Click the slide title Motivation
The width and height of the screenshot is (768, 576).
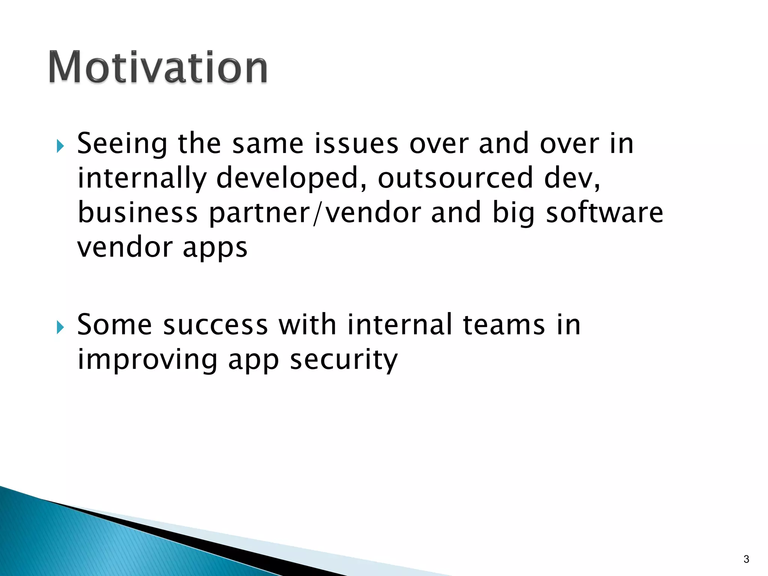(x=158, y=67)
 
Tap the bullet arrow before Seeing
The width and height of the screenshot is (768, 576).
(x=60, y=146)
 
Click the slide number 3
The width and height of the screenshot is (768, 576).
(x=746, y=559)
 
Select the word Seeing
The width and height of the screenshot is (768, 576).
(x=122, y=144)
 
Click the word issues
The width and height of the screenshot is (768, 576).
(x=356, y=144)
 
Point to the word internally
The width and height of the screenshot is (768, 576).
(x=142, y=178)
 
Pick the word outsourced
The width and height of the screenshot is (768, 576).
(x=455, y=178)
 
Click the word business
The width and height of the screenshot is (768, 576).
(x=138, y=213)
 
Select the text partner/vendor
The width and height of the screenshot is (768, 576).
(x=315, y=213)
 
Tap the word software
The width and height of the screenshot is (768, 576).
(x=604, y=213)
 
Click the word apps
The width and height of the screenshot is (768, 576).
(x=215, y=248)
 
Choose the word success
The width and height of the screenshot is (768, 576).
(x=216, y=325)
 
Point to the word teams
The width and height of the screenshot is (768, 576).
(x=504, y=325)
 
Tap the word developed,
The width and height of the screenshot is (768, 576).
(x=291, y=178)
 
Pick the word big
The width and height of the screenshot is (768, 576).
(x=513, y=213)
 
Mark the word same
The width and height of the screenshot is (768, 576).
(x=268, y=144)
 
